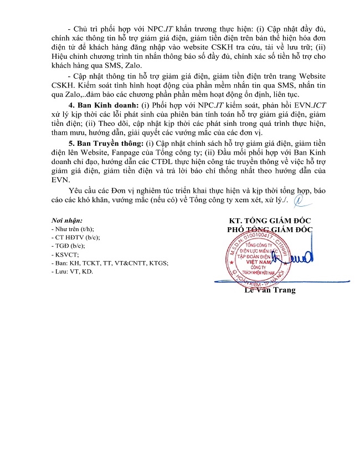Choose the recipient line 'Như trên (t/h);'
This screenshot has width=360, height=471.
coord(73,229)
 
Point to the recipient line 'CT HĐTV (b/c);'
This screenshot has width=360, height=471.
coord(76,237)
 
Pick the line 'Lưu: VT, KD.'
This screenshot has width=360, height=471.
coord(71,272)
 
